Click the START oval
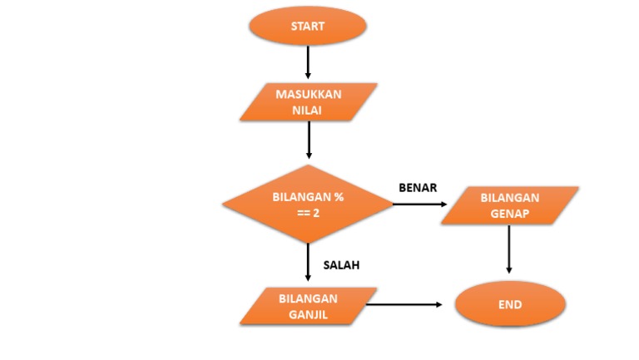(x=308, y=26)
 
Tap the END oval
(x=510, y=304)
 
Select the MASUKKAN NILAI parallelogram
(x=308, y=101)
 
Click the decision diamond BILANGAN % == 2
(x=308, y=204)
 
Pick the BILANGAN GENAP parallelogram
(x=509, y=205)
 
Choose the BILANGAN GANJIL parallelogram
(x=308, y=306)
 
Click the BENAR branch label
(x=418, y=187)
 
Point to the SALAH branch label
(x=341, y=266)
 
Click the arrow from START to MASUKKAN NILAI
(x=308, y=62)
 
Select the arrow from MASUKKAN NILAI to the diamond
(x=309, y=140)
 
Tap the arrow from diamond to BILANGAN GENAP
(x=420, y=205)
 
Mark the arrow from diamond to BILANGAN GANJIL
(x=308, y=264)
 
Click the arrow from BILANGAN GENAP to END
(x=508, y=249)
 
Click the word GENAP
(x=509, y=213)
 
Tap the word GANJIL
(x=308, y=313)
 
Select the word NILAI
(x=308, y=109)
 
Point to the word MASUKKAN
(x=308, y=94)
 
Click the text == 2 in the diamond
(x=308, y=212)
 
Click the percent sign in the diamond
(x=339, y=197)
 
